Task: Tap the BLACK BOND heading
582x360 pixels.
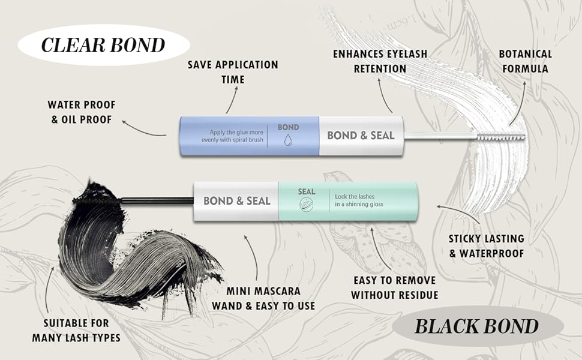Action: pos(476,326)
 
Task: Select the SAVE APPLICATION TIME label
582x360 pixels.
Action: pos(233,71)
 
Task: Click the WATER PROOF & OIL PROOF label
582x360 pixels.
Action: pos(82,112)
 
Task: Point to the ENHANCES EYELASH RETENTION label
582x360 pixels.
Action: pos(380,61)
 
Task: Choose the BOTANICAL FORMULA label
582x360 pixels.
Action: pos(524,61)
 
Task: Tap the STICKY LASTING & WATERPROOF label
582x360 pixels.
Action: pos(487,246)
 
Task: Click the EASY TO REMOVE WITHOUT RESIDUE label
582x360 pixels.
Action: pos(394,287)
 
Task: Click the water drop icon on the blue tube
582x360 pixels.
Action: pos(289,140)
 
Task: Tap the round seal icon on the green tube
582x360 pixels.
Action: pos(306,204)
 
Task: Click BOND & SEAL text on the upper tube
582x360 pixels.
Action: pos(361,135)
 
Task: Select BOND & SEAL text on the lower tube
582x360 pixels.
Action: pos(236,200)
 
